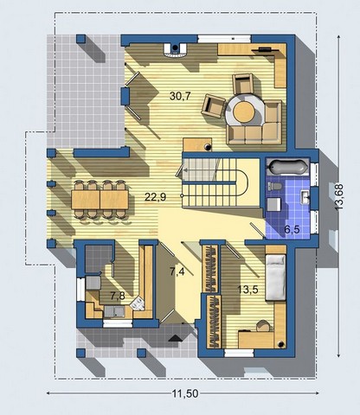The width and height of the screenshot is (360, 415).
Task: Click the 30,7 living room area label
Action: point(180,96)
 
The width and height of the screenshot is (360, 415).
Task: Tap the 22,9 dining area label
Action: point(155,197)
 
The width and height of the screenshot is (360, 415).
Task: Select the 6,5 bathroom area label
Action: point(292,230)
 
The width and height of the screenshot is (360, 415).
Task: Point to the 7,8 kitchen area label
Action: point(118,296)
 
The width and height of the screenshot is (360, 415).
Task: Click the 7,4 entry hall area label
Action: point(177,271)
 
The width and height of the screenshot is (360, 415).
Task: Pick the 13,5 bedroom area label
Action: point(247,290)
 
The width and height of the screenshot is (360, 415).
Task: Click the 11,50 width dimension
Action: point(185,393)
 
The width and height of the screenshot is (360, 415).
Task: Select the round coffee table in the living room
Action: point(244,112)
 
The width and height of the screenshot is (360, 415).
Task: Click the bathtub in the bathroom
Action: point(287,167)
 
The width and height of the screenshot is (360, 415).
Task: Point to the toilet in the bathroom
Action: point(275,187)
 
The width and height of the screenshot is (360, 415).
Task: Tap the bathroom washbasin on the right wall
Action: point(305,197)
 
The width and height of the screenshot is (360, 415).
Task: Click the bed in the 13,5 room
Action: point(275,278)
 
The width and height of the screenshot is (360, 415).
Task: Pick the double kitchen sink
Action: point(114,311)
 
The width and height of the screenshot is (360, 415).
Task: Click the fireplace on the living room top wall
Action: point(175,50)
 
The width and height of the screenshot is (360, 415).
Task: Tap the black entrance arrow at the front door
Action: point(176,338)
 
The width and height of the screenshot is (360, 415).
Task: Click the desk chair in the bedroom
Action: point(264,326)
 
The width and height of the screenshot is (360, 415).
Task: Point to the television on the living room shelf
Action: point(266,49)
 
